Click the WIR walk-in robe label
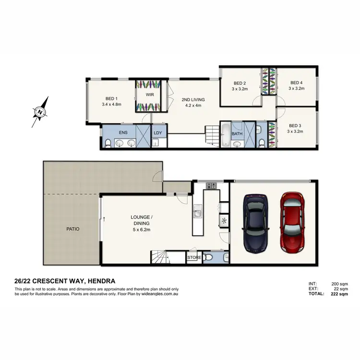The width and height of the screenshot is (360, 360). click(144, 94)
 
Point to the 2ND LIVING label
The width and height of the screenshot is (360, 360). click(191, 100)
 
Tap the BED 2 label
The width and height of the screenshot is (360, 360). click(240, 82)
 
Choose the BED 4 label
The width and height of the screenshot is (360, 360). click(296, 82)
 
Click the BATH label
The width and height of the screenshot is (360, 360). click(237, 134)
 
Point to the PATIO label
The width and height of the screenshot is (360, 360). click(73, 229)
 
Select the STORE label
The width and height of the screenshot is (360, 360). click(194, 258)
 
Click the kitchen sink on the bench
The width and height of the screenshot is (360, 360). click(197, 212)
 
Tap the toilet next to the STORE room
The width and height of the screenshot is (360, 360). click(208, 258)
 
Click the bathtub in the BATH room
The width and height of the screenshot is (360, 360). click(226, 136)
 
